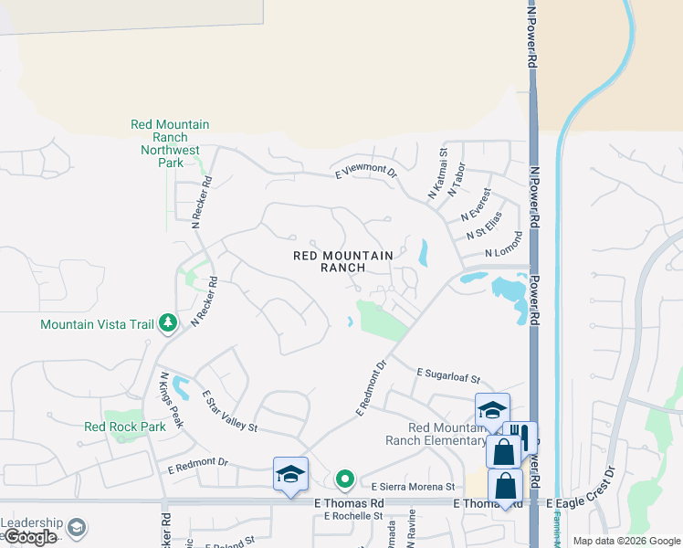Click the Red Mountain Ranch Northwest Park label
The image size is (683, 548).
coord(170,143)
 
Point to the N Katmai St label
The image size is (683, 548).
coord(437,176)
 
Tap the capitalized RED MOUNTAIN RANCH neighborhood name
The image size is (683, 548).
coord(342,262)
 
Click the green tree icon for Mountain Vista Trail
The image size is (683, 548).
coord(168,322)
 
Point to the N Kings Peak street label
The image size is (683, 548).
coord(172,400)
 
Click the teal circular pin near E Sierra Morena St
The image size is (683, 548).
coord(344,478)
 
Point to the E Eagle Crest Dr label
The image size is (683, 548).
coord(582,503)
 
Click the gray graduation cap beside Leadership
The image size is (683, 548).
coord(78,528)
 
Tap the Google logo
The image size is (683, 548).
coord(29,537)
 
